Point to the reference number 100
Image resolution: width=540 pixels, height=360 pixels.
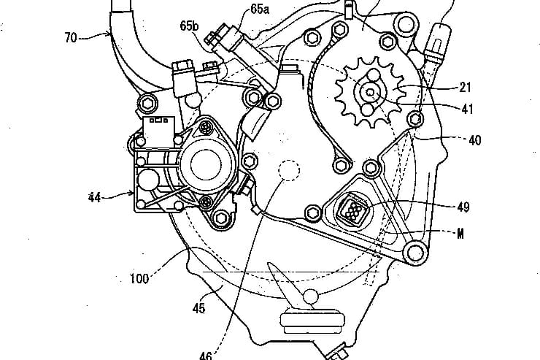[139, 277]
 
